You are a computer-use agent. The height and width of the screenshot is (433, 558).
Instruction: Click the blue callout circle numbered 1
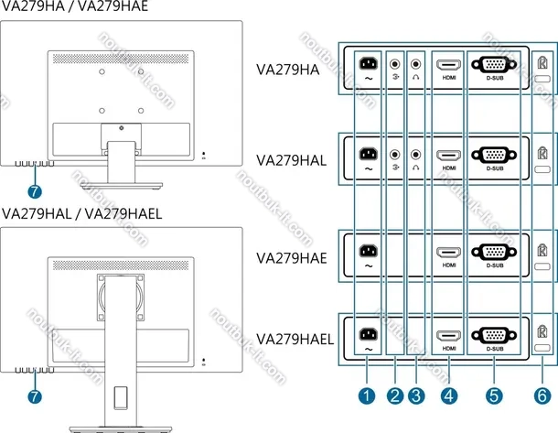pos(366,396)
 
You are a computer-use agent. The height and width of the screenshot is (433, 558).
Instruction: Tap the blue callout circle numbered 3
pos(417,396)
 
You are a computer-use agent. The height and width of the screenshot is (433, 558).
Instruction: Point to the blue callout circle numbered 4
pos(449,396)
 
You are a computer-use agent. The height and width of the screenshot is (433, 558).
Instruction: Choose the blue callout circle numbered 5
pos(495,396)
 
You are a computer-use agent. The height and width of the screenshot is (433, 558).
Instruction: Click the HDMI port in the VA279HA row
pos(448,65)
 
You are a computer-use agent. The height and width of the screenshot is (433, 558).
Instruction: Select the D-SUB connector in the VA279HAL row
pos(495,156)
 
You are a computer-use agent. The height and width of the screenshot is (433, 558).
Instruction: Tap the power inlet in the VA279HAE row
pos(368,250)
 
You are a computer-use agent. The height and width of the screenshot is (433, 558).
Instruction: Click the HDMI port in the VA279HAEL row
pos(448,336)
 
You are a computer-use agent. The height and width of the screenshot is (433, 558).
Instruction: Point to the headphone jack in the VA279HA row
pos(417,65)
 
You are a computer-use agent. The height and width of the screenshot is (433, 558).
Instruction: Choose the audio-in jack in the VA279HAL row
pos(395,156)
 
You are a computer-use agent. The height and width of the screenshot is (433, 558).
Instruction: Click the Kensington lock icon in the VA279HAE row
pos(542,247)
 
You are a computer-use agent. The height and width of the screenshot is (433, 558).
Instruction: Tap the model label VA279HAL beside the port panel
pos(291,160)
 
